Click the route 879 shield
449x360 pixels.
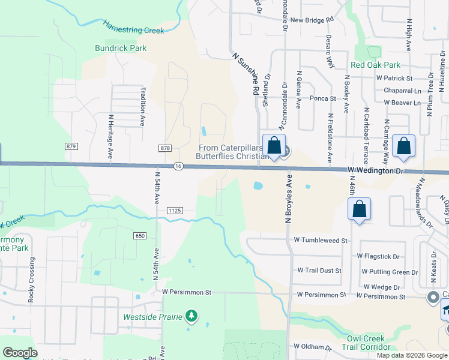72,146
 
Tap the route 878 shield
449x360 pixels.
166,148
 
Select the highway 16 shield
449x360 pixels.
178,166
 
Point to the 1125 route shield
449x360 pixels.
175,211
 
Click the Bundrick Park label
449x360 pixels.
120,48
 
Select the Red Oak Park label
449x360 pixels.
375,65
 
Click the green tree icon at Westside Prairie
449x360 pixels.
191,316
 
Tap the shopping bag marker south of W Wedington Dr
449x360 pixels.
359,210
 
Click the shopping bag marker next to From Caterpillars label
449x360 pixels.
274,146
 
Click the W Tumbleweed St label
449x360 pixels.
321,240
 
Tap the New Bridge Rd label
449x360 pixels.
311,20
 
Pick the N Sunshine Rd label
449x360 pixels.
246,73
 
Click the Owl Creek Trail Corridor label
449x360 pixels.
366,343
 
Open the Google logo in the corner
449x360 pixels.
20,353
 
